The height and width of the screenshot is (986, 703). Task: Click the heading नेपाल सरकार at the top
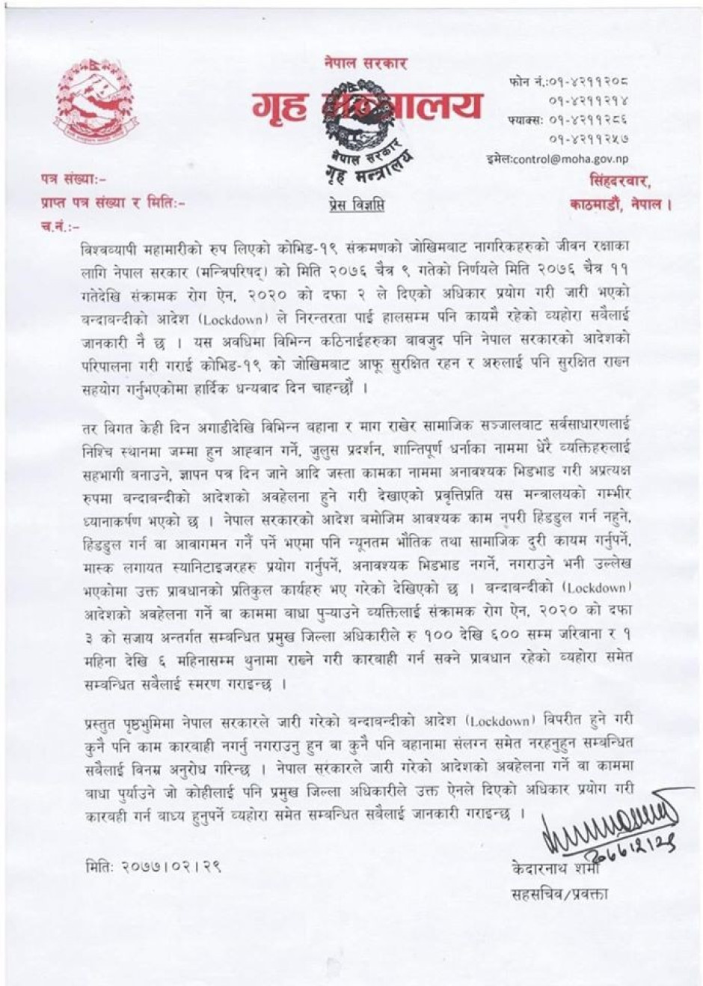(x=366, y=64)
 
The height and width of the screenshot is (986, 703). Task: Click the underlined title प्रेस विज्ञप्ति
(x=357, y=204)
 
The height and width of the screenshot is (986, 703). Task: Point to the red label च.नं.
(x=59, y=223)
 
